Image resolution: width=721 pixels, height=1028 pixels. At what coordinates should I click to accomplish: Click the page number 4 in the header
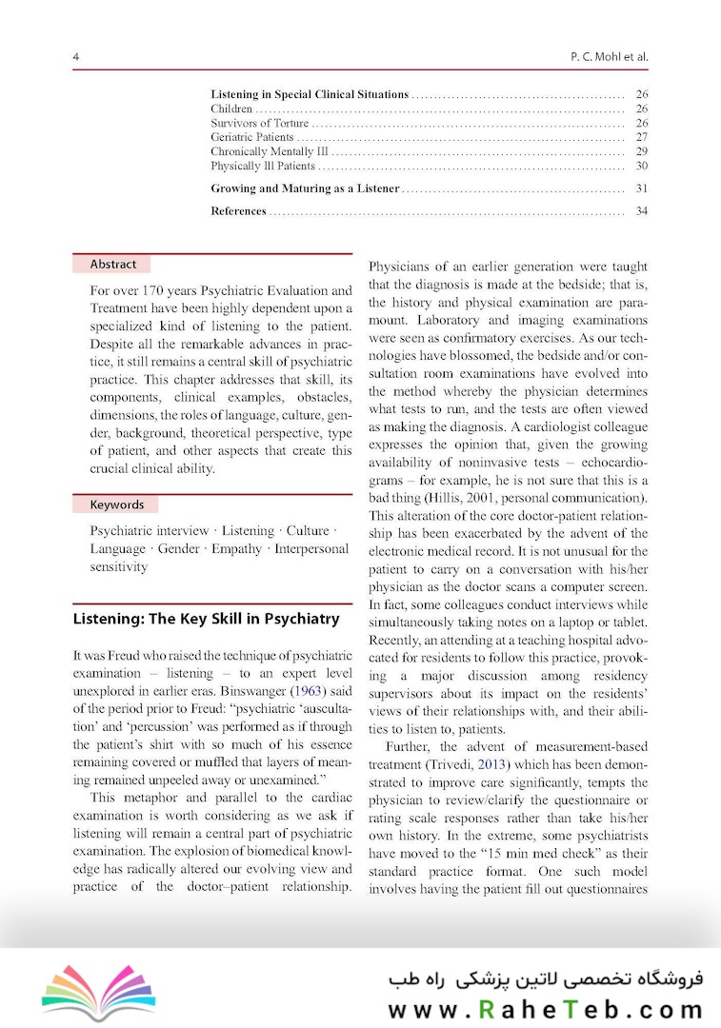tap(75, 57)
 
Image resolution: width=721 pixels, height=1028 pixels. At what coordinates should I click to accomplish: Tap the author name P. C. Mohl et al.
tap(608, 57)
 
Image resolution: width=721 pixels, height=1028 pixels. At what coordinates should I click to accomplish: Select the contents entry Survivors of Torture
tap(259, 124)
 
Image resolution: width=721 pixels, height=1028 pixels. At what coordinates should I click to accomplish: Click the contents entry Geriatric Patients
tap(251, 138)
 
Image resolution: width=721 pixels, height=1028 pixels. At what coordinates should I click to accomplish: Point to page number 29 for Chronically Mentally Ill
tap(641, 152)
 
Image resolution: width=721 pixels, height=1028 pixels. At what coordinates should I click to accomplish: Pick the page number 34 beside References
tap(641, 211)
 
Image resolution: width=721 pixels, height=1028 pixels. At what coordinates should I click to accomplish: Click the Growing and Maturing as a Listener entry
tap(305, 189)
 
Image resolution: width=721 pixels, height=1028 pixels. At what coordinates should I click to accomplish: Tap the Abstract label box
tap(112, 265)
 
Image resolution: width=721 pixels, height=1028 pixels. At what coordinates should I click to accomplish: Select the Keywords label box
tap(116, 505)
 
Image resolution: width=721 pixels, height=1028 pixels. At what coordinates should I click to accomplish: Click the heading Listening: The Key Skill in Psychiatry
tap(206, 619)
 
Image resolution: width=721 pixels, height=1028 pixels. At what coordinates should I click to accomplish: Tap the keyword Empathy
tap(236, 549)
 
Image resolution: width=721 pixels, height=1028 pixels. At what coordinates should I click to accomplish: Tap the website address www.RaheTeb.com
tap(545, 1008)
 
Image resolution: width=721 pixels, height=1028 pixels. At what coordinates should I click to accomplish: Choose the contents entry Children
tap(231, 109)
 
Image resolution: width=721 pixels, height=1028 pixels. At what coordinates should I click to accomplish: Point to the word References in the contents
tap(238, 211)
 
